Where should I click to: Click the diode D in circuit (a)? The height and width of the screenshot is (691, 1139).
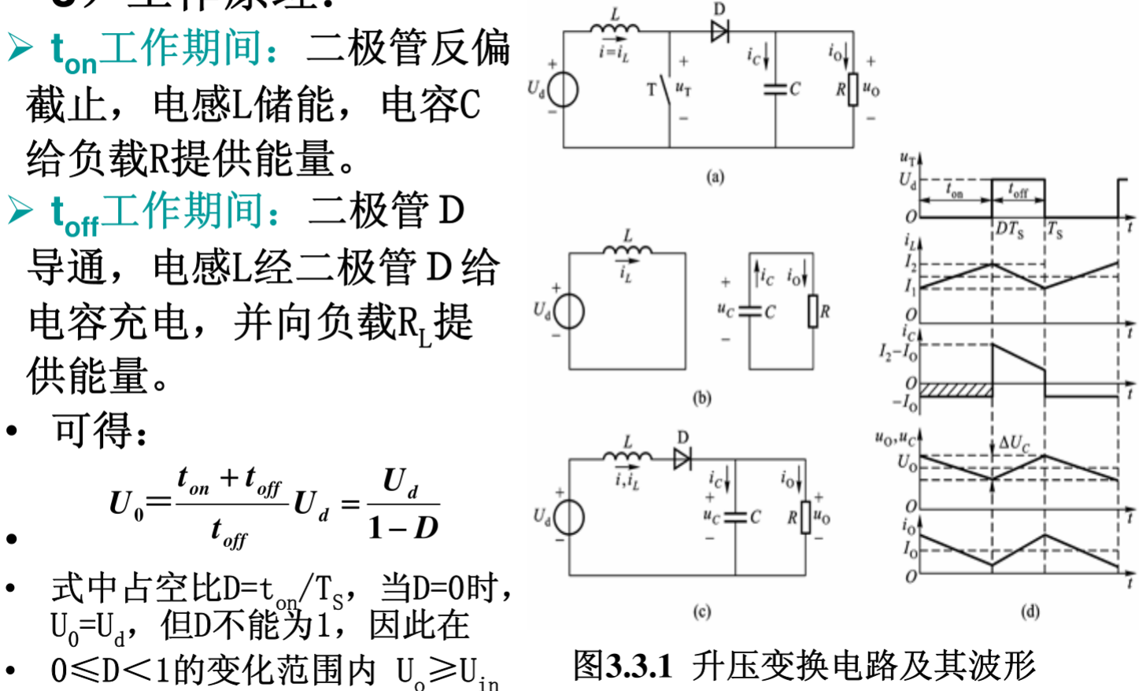[719, 31]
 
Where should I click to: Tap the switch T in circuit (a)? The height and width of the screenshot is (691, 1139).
[667, 89]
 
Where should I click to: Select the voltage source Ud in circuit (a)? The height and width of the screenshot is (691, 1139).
[564, 90]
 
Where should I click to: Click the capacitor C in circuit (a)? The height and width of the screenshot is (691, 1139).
[775, 89]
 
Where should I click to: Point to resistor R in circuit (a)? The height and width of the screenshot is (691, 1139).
[853, 90]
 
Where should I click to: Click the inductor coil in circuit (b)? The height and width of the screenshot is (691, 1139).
[627, 250]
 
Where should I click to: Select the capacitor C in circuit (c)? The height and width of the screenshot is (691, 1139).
[735, 517]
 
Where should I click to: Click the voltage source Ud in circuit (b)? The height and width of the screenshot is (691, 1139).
[569, 312]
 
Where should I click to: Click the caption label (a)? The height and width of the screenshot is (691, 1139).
[715, 176]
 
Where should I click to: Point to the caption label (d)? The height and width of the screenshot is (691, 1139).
[1030, 612]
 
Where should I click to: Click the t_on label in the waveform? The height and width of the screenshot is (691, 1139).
[954, 190]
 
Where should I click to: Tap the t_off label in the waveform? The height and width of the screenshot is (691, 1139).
[1019, 190]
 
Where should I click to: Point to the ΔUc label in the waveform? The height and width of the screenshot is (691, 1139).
[1014, 443]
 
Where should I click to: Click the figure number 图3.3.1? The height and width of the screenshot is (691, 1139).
[623, 666]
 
